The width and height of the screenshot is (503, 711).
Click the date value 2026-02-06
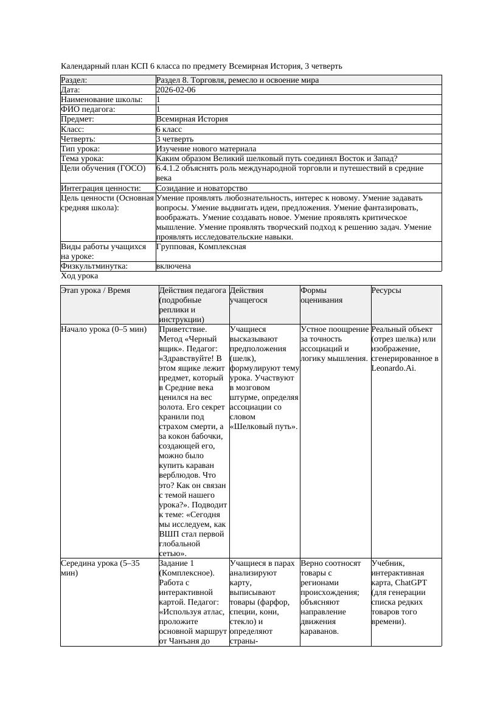pos(176,90)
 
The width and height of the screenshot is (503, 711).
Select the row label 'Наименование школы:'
pos(102,100)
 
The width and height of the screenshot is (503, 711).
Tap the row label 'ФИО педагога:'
pos(88,109)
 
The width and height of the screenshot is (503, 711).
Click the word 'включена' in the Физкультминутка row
pos(173,266)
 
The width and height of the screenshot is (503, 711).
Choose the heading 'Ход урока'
pos(80,276)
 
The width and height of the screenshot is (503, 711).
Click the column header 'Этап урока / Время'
pos(95,290)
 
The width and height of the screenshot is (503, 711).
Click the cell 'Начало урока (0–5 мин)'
pos(104,329)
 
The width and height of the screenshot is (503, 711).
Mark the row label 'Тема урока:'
pos(84,159)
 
